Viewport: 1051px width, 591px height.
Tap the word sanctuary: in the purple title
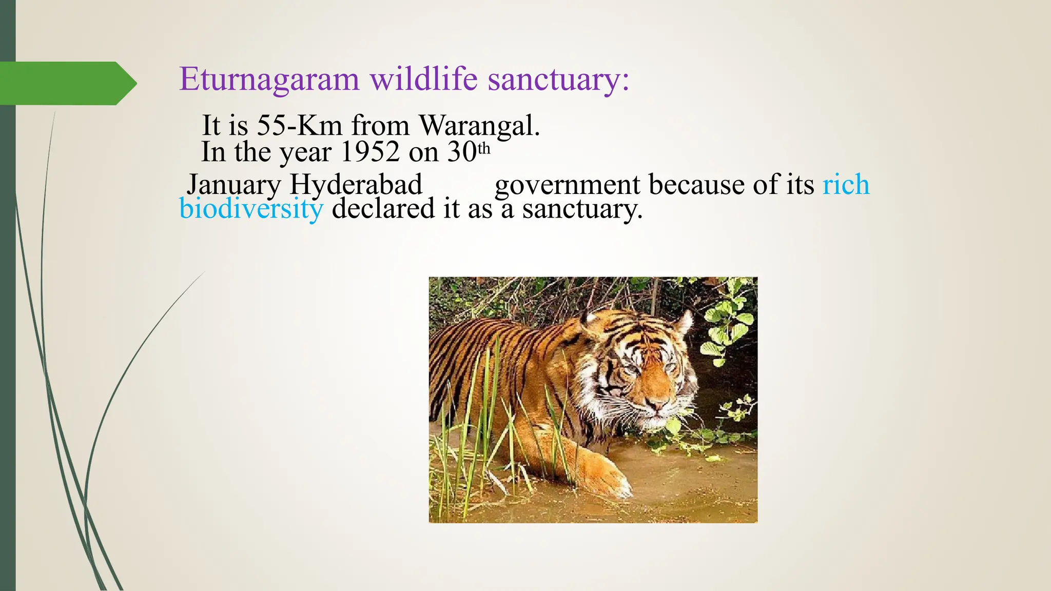click(x=558, y=81)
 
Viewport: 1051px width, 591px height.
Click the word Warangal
click(x=479, y=126)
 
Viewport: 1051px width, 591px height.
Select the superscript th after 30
click(x=484, y=149)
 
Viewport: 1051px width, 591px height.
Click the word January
click(x=234, y=185)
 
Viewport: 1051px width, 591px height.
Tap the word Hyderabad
click(x=356, y=184)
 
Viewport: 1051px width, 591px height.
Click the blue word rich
click(x=846, y=184)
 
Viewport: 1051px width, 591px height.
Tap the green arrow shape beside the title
click(x=67, y=83)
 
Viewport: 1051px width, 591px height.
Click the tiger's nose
click(x=656, y=406)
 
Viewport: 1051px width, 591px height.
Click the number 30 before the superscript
click(x=462, y=152)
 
